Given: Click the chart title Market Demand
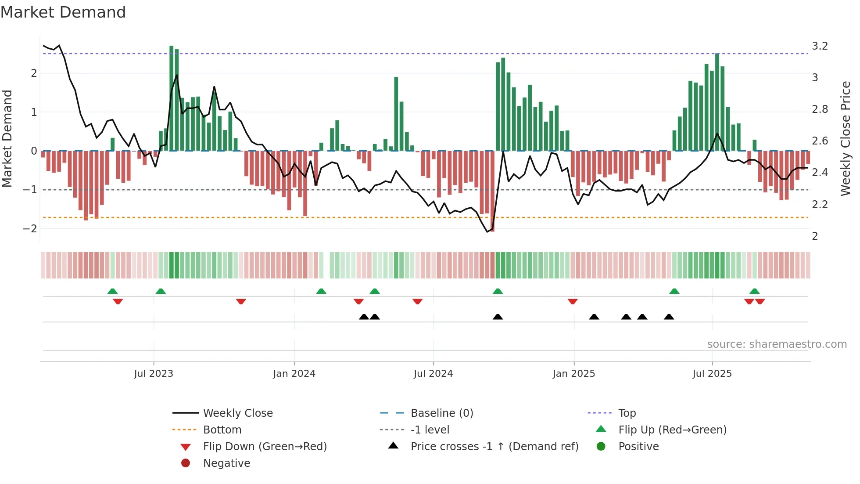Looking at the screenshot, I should click(x=63, y=12).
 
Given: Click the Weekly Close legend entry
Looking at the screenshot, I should click(x=237, y=413).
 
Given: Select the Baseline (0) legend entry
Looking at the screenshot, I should click(x=441, y=413).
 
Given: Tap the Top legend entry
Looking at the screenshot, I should click(x=627, y=413).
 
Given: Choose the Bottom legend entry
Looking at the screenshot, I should click(x=222, y=430).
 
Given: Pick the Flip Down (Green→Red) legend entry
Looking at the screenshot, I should click(x=265, y=447).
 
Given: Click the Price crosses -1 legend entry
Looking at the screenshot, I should click(x=494, y=447).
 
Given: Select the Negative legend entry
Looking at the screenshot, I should click(x=226, y=463).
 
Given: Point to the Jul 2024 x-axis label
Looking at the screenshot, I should click(x=433, y=374).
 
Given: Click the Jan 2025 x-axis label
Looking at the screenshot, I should click(x=573, y=374).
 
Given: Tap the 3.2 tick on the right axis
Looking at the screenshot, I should click(x=820, y=46).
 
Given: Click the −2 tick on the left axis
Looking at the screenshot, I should click(x=30, y=229).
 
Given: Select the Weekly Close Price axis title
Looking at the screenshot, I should click(x=846, y=138).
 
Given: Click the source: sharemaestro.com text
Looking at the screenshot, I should click(x=777, y=344).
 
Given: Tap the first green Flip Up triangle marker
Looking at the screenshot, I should click(x=112, y=291).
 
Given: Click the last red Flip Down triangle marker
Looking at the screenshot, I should click(x=760, y=301).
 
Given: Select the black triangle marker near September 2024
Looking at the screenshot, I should click(x=498, y=317).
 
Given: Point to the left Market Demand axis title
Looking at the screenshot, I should click(x=7, y=138).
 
